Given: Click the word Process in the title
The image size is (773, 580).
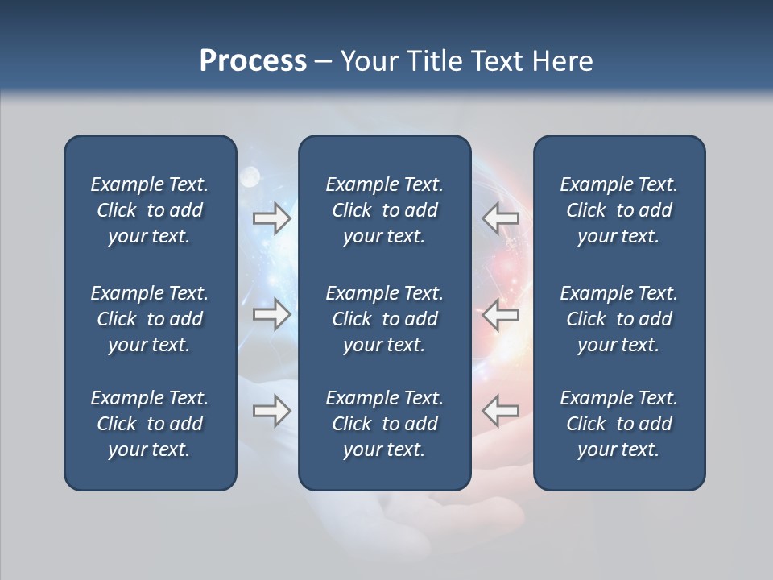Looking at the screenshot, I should pyautogui.click(x=253, y=61).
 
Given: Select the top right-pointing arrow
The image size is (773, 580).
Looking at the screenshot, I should pyautogui.click(x=272, y=218).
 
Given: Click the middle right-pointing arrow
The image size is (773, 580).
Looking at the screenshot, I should pyautogui.click(x=272, y=314).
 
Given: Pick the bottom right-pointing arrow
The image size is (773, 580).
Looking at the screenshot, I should pyautogui.click(x=272, y=411).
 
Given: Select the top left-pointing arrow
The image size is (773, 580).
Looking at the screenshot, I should pyautogui.click(x=500, y=218).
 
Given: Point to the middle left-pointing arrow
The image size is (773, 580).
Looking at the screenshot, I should pyautogui.click(x=500, y=314).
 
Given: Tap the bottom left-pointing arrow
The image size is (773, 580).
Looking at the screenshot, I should pyautogui.click(x=500, y=411).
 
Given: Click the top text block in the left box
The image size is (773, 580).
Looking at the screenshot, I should pyautogui.click(x=150, y=210).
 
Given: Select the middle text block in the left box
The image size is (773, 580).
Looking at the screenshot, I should pyautogui.click(x=150, y=319).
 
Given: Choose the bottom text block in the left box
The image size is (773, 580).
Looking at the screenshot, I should pyautogui.click(x=150, y=424).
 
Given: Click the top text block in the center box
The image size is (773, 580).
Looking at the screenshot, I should pyautogui.click(x=384, y=210).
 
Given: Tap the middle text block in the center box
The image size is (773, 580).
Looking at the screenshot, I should pyautogui.click(x=384, y=319).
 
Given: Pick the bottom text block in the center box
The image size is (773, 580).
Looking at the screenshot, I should pyautogui.click(x=384, y=424).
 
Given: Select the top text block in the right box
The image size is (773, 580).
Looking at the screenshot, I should pyautogui.click(x=618, y=210).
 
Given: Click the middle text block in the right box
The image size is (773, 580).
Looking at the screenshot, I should pyautogui.click(x=618, y=319).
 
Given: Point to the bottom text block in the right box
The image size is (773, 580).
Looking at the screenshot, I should pyautogui.click(x=618, y=424).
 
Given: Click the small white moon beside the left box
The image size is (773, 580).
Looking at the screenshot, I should pyautogui.click(x=250, y=175).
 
